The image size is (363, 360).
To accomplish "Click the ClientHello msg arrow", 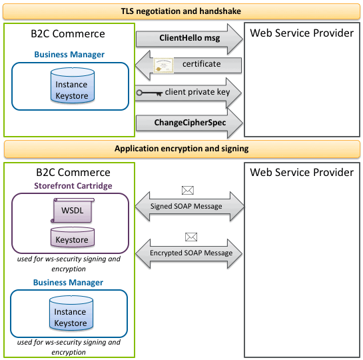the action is coord(189,39).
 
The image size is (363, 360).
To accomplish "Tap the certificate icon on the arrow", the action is coord(163,65).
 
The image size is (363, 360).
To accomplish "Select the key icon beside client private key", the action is coord(149,93).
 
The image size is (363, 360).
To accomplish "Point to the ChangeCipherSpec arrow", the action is coord(189,123).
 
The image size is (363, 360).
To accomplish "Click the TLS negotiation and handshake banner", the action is coord(181,11).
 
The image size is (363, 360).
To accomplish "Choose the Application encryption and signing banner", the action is coord(182,149).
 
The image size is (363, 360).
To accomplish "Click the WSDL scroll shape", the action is coord(73,211).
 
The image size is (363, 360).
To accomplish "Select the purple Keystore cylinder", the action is coord(73,237).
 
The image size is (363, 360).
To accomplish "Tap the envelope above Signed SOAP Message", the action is coord(188,191).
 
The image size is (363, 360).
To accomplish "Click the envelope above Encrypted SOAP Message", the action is coord(191,237).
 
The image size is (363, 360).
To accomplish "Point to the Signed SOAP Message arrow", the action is coord(190,206).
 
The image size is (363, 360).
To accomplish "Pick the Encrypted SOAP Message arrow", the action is coord(189,253).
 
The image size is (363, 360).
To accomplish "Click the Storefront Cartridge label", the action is coord(73,186).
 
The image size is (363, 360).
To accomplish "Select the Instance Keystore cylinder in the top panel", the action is coord(73,85).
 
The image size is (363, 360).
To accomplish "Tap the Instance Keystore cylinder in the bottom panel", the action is coord(71,313).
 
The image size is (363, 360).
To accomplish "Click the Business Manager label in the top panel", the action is coord(69,55).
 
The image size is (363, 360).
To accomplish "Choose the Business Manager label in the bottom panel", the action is coord(69,283).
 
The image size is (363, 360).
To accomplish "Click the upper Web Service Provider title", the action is coord(302,33).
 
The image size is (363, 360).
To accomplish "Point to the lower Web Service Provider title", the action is coord(302,173).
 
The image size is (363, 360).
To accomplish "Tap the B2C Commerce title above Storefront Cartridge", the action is coord(73,173).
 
